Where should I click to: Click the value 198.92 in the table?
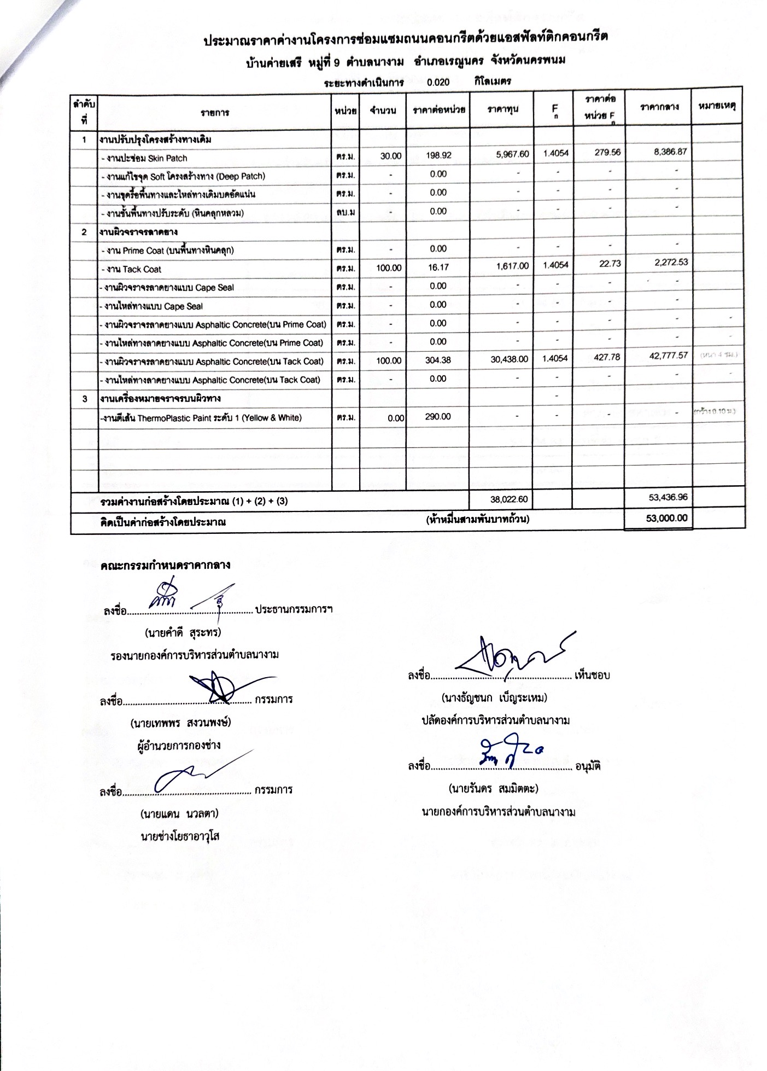tap(438, 155)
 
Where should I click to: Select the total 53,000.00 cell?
tap(666, 518)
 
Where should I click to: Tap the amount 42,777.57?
tap(668, 356)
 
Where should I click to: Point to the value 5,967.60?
tap(512, 154)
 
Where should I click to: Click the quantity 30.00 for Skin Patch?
tap(390, 156)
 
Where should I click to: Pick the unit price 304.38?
tap(438, 360)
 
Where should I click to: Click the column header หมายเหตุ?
tap(716, 106)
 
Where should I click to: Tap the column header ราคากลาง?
tap(659, 107)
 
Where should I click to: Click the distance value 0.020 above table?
tap(438, 83)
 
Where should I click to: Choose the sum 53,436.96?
tap(666, 497)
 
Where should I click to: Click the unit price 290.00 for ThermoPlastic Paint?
tap(438, 416)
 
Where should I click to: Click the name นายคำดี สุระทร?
tap(182, 633)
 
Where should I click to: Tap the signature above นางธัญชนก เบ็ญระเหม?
tap(513, 655)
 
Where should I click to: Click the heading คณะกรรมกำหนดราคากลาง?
tap(165, 565)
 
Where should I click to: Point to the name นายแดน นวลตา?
tap(179, 813)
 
